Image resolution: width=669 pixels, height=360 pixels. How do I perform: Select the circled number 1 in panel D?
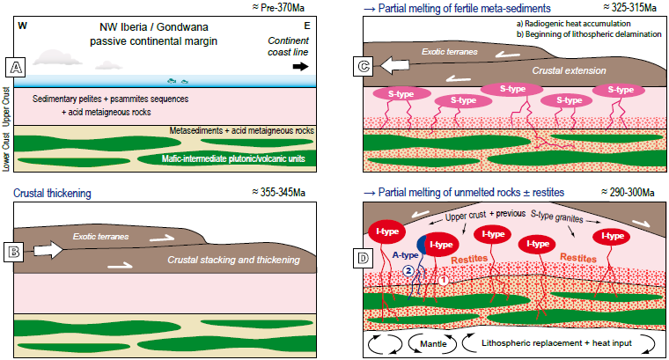click(445, 281)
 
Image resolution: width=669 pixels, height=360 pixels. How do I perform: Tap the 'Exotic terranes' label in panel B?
click(99, 237)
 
